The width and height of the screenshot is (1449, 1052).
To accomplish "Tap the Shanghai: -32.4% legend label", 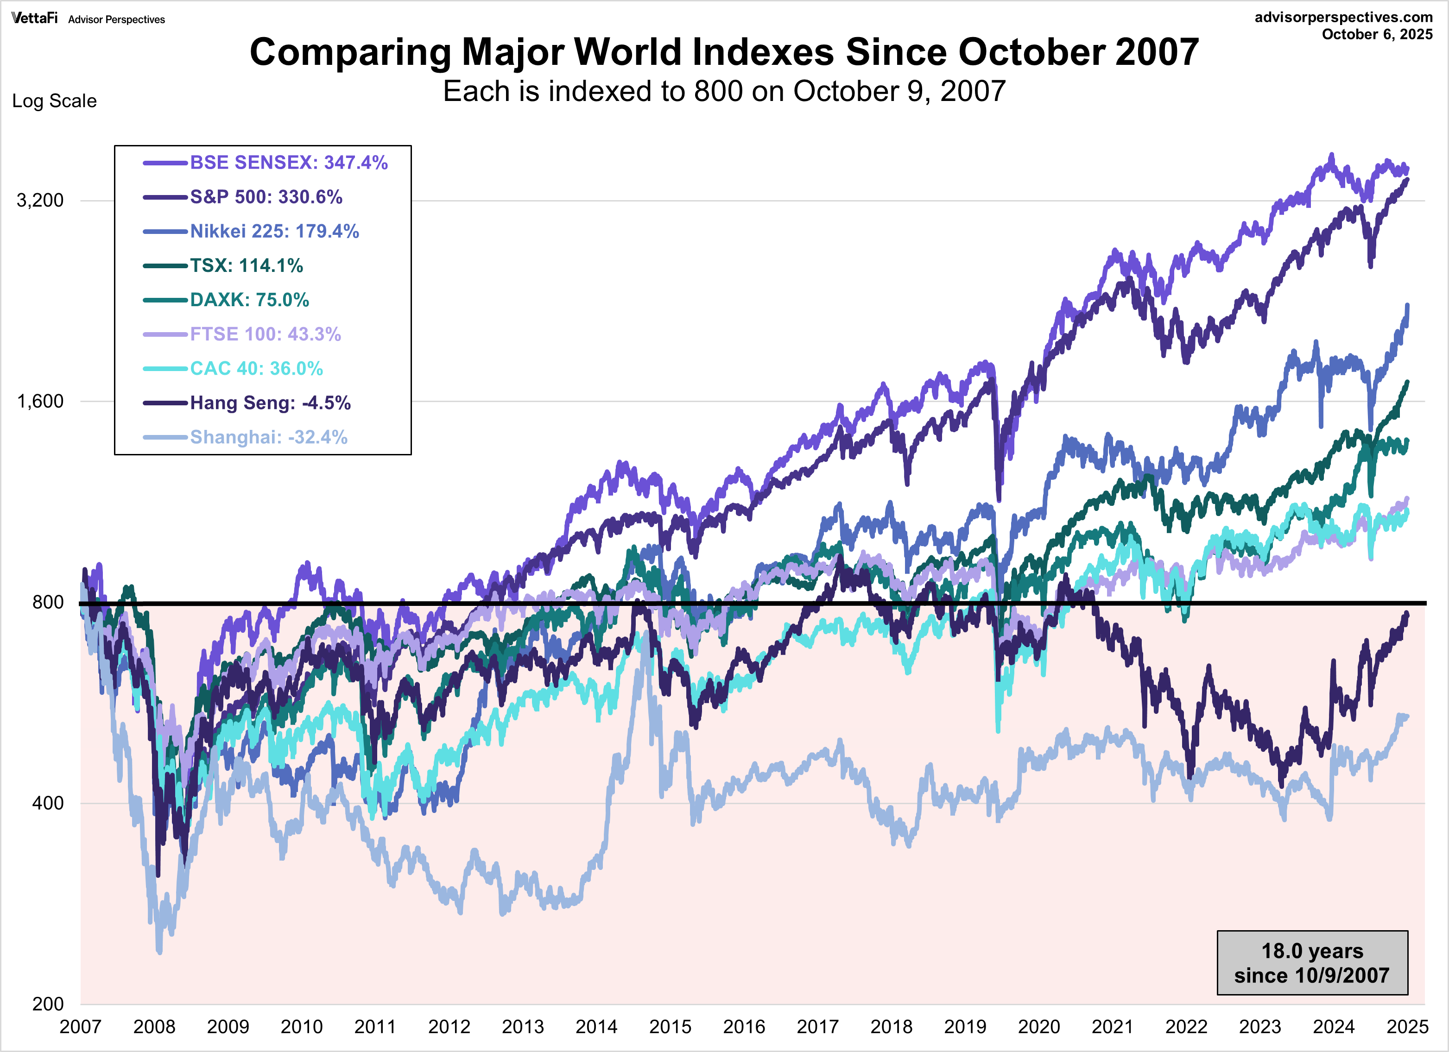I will pyautogui.click(x=268, y=438).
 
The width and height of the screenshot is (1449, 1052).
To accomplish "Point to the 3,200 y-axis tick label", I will pyautogui.click(x=39, y=201).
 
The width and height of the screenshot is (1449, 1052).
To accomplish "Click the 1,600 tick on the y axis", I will pyautogui.click(x=39, y=402).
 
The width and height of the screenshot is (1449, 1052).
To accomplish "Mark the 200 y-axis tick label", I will pyautogui.click(x=47, y=1003).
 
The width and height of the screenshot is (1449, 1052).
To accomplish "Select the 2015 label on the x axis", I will pyautogui.click(x=670, y=1027).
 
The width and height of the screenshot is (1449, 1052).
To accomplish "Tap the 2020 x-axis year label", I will pyautogui.click(x=1038, y=1027).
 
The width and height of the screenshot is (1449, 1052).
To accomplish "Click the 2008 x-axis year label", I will pyautogui.click(x=154, y=1027).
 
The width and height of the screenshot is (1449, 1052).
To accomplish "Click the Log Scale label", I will pyautogui.click(x=54, y=101).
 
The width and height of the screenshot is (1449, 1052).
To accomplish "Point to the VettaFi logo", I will pyautogui.click(x=34, y=18).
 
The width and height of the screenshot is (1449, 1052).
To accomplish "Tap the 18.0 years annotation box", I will pyautogui.click(x=1312, y=963).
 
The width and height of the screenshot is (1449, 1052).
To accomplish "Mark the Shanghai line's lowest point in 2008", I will pyautogui.click(x=159, y=952).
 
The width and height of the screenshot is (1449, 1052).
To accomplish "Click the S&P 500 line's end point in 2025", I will pyautogui.click(x=1407, y=179).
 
